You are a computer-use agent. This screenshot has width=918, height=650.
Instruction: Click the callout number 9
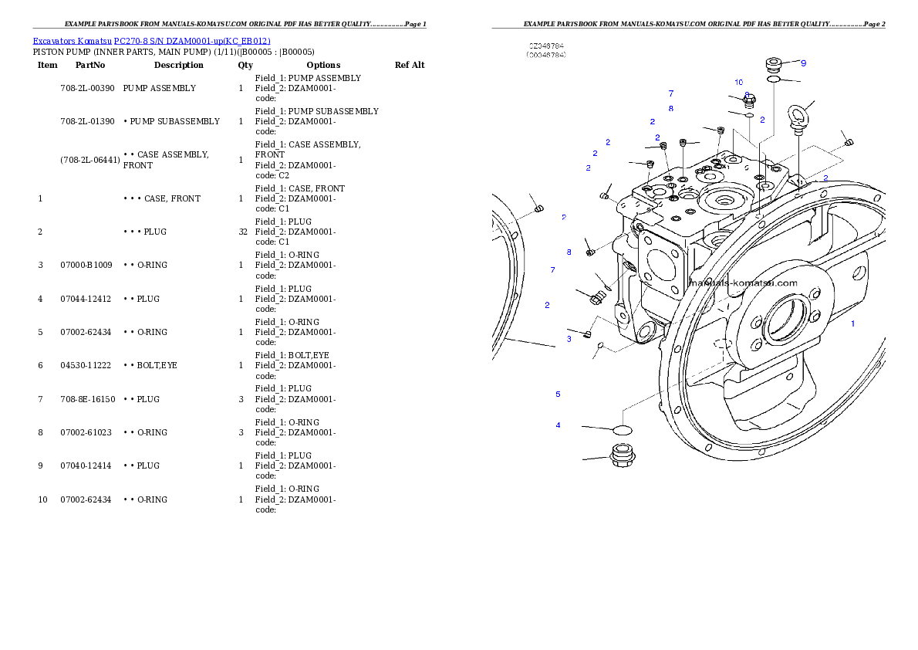[803, 63]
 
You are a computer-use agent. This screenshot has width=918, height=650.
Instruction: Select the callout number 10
[738, 82]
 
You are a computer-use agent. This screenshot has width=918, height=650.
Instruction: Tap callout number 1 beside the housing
[852, 323]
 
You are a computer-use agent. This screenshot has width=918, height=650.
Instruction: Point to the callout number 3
[569, 339]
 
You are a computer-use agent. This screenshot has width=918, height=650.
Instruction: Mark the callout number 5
[558, 394]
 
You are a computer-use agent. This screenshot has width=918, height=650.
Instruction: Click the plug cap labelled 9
[775, 63]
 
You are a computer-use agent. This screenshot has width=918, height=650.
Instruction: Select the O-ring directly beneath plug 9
[775, 79]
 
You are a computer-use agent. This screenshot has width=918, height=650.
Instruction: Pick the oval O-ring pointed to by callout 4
[622, 428]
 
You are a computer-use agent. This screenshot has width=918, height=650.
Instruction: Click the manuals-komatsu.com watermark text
[743, 283]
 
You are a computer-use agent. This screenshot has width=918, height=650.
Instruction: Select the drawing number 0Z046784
[546, 46]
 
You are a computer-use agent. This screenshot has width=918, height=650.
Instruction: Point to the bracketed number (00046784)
[546, 56]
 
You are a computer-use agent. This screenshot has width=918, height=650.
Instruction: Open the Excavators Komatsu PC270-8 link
[151, 41]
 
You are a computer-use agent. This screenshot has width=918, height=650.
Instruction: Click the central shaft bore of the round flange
[785, 324]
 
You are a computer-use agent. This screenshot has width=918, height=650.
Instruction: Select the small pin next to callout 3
[588, 334]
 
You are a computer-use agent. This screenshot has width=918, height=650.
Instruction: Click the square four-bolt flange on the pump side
[660, 266]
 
